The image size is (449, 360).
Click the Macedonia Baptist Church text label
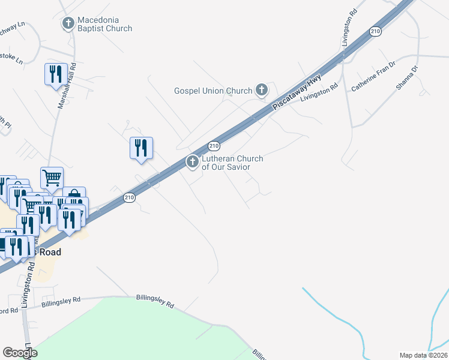(104, 28)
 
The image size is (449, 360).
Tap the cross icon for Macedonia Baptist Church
(68, 24)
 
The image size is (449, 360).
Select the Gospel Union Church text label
(213, 91)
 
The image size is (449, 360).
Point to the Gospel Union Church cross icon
(261, 91)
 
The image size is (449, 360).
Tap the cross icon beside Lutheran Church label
(193, 161)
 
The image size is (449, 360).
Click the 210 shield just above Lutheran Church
(213, 146)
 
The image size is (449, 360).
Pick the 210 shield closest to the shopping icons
(129, 197)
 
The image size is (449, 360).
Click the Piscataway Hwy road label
(297, 91)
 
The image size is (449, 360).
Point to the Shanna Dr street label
(406, 77)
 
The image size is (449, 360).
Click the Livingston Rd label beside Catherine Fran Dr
(324, 92)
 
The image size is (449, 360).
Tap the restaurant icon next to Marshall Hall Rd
(55, 74)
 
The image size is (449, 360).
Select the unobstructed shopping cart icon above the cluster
(52, 177)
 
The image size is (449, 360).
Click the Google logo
(19, 352)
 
